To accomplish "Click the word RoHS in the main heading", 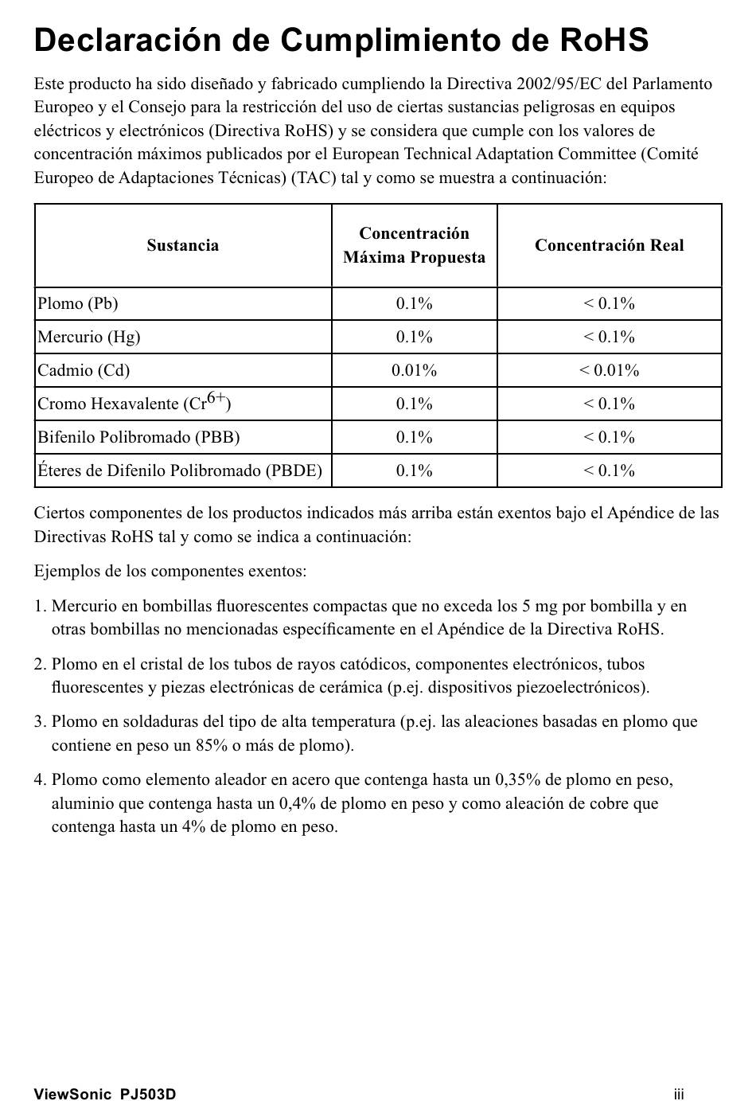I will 604,41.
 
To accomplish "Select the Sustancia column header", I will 182,245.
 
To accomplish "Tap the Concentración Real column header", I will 609,245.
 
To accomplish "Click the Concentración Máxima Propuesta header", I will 414,245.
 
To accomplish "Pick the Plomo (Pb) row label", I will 78,303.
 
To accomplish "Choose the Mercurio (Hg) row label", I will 89,337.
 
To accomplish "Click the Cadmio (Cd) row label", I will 84,370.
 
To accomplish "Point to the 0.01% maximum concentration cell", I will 414,370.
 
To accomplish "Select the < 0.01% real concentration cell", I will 609,370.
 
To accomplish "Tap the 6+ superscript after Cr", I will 216,397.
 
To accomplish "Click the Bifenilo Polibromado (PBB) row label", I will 138,437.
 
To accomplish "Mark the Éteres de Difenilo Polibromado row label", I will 180,470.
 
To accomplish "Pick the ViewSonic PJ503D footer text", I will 105,1094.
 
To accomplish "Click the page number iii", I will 679,1094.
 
